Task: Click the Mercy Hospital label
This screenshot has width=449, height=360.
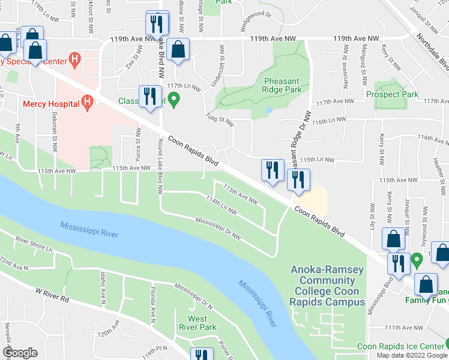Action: pos(51,104)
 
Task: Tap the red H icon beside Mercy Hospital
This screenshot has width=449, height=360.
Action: pos(88,104)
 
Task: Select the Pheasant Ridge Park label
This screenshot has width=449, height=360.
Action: pos(282,84)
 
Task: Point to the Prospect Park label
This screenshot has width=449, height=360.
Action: pos(393,95)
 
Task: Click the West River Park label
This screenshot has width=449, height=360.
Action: pos(197,323)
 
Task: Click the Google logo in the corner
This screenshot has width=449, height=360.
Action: pos(20,353)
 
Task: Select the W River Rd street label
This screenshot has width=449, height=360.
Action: pos(53,294)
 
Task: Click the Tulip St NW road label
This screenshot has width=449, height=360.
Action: pos(219,116)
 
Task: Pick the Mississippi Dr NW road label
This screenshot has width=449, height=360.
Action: pos(218,229)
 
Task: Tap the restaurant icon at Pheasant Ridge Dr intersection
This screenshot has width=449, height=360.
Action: pos(297,178)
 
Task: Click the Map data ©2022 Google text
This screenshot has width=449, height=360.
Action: pos(412,355)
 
